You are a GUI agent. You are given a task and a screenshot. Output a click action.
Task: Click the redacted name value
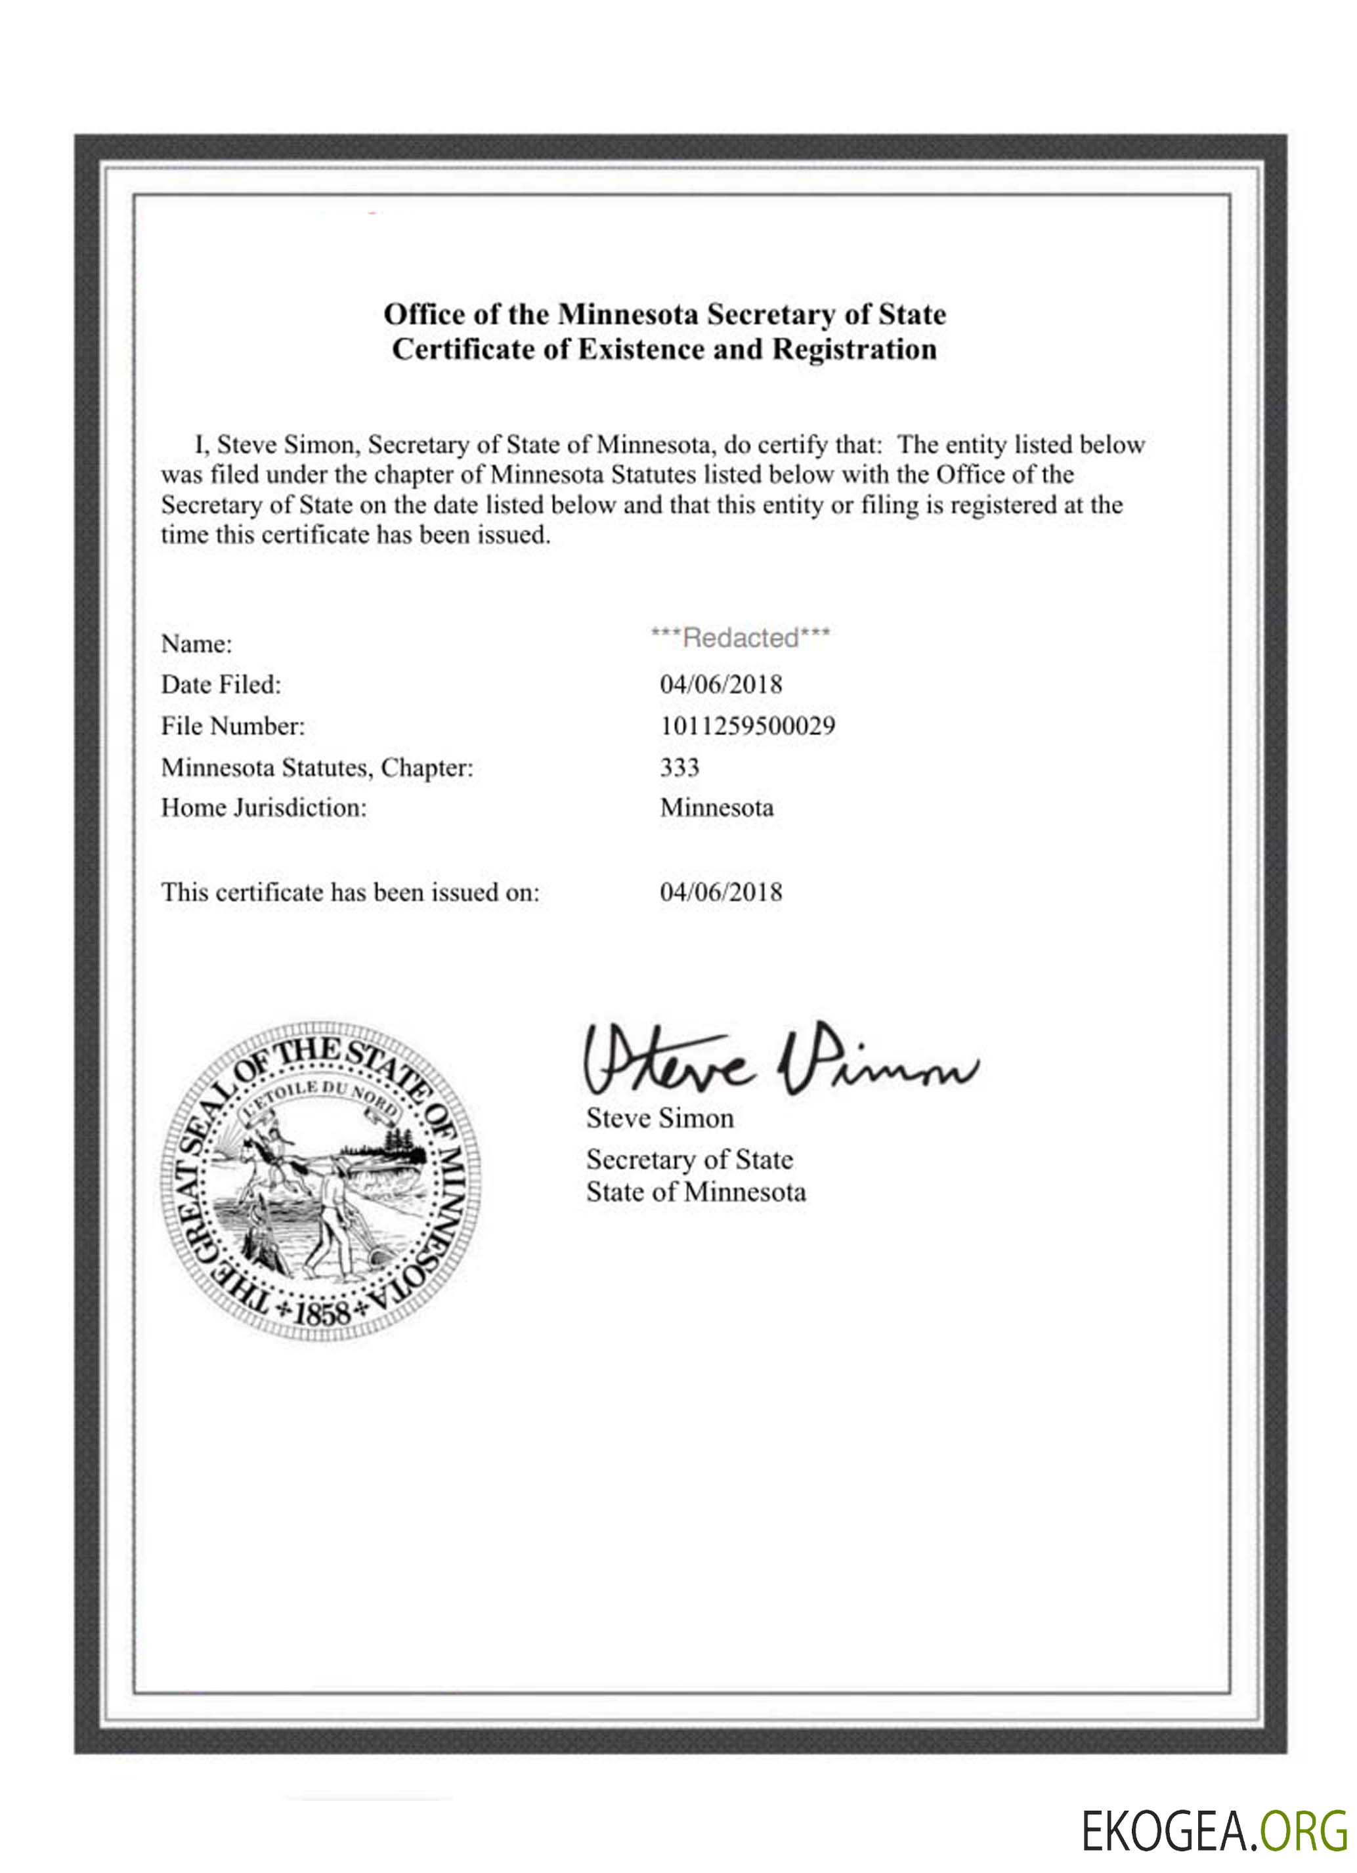(740, 637)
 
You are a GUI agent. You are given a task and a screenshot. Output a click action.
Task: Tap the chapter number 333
(679, 767)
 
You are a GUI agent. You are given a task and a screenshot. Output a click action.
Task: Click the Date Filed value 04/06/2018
(720, 684)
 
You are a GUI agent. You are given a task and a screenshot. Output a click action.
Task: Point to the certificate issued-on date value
(720, 892)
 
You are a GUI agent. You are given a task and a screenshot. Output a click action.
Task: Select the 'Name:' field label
(196, 643)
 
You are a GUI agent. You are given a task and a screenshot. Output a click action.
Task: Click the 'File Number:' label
(233, 726)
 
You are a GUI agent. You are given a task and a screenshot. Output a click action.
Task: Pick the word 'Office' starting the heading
(425, 314)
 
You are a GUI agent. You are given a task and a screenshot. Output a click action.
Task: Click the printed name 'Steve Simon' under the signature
(660, 1118)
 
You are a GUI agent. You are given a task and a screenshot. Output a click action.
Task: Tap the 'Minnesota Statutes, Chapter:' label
(317, 767)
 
